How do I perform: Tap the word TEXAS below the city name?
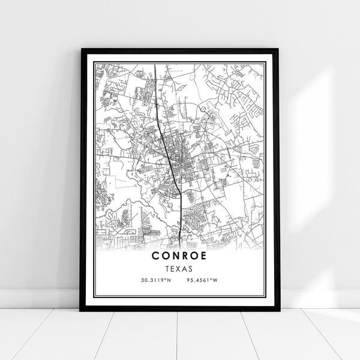180,269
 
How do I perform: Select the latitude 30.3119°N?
154,281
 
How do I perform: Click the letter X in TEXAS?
180,269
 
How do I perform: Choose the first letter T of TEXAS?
168,269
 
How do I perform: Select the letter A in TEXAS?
186,269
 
